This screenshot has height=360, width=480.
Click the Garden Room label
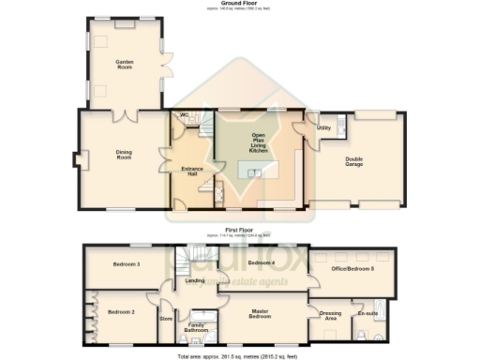pyautogui.click(x=124, y=64)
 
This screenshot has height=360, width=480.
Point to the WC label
pyautogui.click(x=185, y=116)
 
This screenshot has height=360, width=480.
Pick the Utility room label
pyautogui.click(x=323, y=127)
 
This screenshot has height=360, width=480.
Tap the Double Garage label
pyautogui.click(x=354, y=162)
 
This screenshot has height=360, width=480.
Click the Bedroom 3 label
pyautogui.click(x=127, y=264)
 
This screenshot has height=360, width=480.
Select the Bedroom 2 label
pyautogui.click(x=120, y=311)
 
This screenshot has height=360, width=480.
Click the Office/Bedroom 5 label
pyautogui.click(x=353, y=269)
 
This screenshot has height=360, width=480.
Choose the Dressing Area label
pyautogui.click(x=330, y=316)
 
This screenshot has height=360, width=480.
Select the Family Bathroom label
pyautogui.click(x=196, y=328)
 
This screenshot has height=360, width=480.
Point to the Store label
pyautogui.click(x=167, y=319)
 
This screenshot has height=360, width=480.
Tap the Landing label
pyautogui.click(x=195, y=279)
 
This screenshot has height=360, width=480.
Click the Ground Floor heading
pyautogui.click(x=240, y=4)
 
